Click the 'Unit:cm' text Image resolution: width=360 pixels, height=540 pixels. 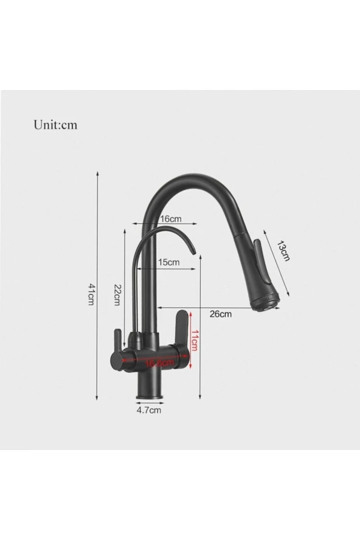pos(55,125)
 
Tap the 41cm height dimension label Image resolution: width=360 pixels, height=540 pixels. pos(91,294)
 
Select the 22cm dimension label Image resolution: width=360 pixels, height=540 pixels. pos(117,296)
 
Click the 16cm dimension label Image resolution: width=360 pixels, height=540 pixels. pos(170,218)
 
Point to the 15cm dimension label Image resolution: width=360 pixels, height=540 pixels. pos(168,262)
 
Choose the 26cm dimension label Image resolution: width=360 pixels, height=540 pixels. pos(220,314)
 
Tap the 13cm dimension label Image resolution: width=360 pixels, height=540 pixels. pos(283,250)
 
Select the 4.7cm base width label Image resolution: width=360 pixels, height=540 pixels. pos(148,410)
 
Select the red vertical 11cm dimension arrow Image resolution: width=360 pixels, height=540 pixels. pos(191,340)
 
